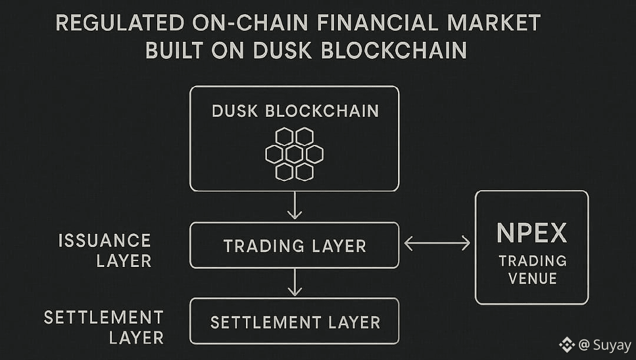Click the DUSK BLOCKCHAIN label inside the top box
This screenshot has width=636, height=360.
[x=295, y=111]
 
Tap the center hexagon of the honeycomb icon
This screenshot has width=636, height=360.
[x=294, y=154]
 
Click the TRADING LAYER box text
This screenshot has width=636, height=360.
[x=294, y=246]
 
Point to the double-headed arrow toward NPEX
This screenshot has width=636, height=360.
[x=437, y=242]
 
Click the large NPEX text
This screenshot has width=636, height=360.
[x=532, y=233]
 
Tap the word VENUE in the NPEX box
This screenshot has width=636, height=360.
[x=532, y=278]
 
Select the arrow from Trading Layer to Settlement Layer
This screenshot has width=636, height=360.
[x=294, y=282]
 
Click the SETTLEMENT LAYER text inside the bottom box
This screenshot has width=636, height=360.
[x=295, y=322]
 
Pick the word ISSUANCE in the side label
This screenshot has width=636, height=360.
[x=105, y=240]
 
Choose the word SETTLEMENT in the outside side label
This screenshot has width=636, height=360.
[x=104, y=318]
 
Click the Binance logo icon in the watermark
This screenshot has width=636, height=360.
[x=567, y=345]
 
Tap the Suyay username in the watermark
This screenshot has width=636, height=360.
[x=612, y=345]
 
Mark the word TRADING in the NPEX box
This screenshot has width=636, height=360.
[x=532, y=260]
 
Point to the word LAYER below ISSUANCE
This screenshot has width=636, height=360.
[x=124, y=260]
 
